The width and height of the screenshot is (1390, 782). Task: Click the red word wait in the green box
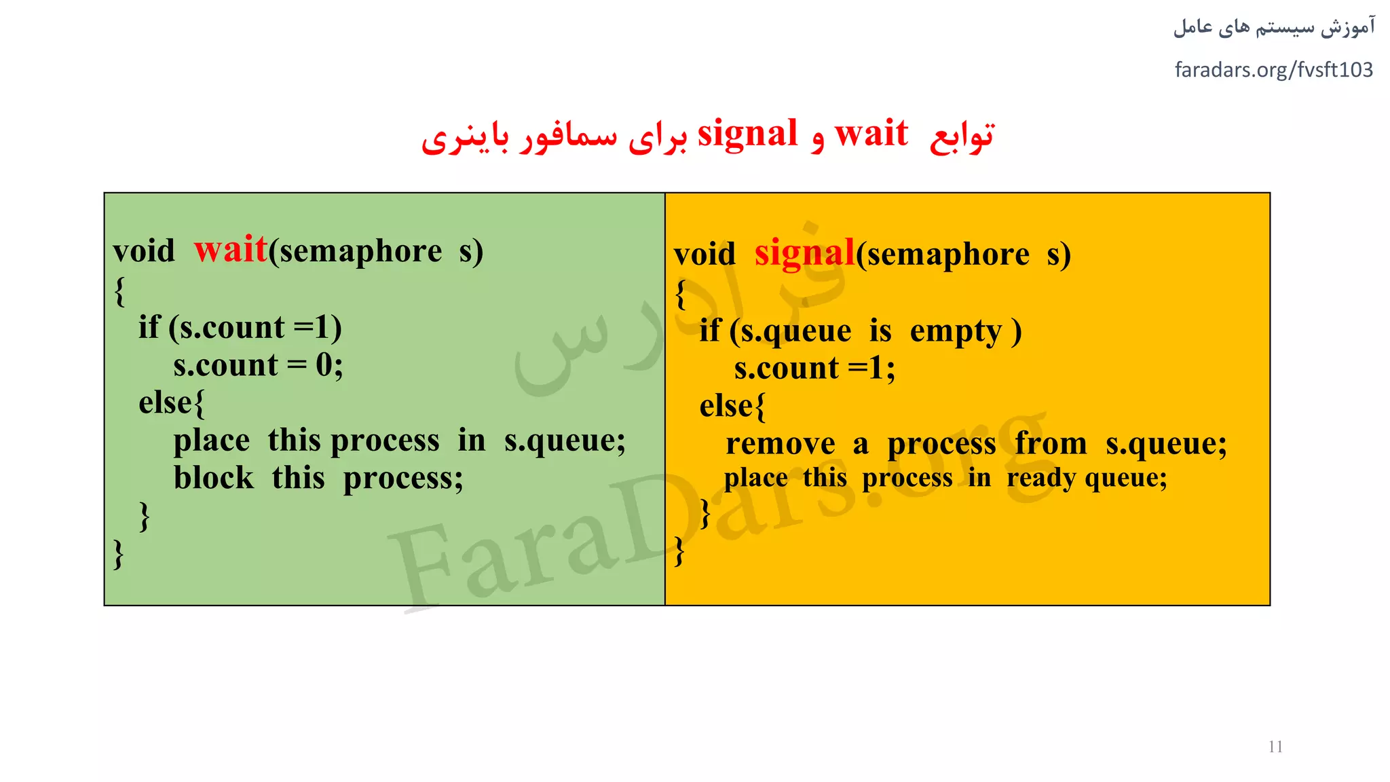click(x=231, y=250)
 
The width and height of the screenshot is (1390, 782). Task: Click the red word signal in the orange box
click(x=804, y=253)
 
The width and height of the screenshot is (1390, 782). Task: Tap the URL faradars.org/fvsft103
click(x=1273, y=70)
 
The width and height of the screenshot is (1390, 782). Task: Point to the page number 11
click(x=1275, y=747)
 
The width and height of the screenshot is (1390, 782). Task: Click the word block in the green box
click(x=213, y=477)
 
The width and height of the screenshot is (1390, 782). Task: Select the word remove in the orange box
click(x=780, y=444)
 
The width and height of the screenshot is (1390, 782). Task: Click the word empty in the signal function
click(x=956, y=331)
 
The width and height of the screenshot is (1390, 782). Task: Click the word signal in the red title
click(x=747, y=133)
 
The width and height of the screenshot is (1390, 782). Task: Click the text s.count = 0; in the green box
click(x=258, y=365)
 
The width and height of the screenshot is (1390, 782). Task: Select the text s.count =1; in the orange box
click(x=814, y=369)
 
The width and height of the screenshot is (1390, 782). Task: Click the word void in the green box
click(x=144, y=251)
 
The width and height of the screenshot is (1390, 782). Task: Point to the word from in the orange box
click(x=1051, y=444)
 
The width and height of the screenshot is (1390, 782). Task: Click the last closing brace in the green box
click(x=119, y=554)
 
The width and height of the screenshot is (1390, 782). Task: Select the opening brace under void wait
click(x=120, y=291)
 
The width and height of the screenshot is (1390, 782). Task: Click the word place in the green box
click(x=211, y=441)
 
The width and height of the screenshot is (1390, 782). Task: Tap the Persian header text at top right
click(x=1274, y=28)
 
